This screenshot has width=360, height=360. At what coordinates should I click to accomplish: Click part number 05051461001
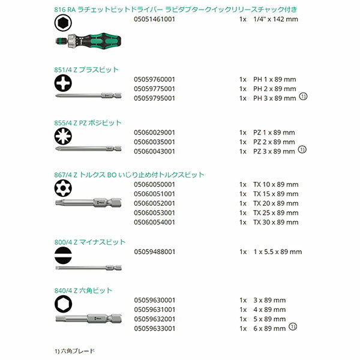pyautogui.click(x=154, y=20)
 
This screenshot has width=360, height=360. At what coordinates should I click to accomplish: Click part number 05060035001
pyautogui.click(x=154, y=142)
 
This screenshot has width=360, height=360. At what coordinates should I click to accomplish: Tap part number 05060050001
pyautogui.click(x=154, y=184)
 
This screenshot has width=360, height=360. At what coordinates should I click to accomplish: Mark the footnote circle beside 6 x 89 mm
pyautogui.click(x=293, y=327)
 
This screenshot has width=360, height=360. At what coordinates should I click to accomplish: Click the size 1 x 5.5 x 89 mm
pyautogui.click(x=278, y=252)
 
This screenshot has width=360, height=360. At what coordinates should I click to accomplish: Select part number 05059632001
pyautogui.click(x=154, y=319)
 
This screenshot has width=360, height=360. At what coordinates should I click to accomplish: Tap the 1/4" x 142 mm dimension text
pyautogui.click(x=275, y=20)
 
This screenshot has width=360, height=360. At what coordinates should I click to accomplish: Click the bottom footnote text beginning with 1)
pyautogui.click(x=74, y=350)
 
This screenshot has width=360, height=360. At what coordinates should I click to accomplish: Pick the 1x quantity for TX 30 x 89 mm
pyautogui.click(x=242, y=223)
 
